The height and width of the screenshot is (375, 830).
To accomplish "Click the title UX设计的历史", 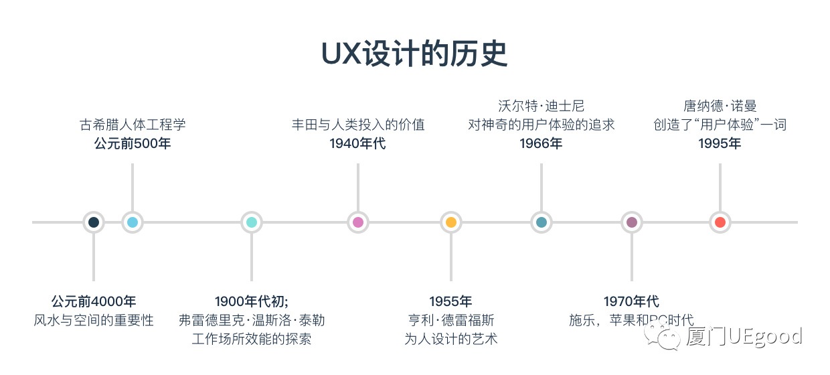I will coord(414,54).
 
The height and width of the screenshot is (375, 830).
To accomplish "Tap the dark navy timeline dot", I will coord(94,222).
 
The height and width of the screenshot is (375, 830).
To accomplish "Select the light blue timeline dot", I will coord(133,222).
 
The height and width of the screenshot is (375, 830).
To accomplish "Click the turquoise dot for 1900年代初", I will coord(252,222).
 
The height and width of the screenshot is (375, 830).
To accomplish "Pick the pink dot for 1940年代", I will coord(358,222).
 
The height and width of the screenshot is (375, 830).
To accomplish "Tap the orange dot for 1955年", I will coord(451,222).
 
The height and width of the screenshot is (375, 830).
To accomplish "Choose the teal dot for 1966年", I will coord(541,222).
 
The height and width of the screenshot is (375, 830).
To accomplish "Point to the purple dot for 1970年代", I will coord(632,222).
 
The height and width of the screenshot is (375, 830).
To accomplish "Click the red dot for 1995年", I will coord(720,222).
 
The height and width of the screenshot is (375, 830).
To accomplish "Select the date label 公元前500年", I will coord(133,143).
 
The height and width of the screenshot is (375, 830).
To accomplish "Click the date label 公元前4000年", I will coord(94,301).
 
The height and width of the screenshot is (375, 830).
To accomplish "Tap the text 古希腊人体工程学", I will coord(133,125).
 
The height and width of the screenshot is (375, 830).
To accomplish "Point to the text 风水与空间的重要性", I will coord(94,320).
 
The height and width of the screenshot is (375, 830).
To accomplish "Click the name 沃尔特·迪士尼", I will coord(541,106).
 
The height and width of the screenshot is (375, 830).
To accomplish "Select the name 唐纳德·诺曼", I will coord(720,106).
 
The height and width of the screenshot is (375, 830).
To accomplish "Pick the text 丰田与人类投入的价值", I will coord(358,125).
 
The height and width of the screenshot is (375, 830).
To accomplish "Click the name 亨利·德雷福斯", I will coord(451,320).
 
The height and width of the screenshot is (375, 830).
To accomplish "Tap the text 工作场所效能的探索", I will coord(252,339).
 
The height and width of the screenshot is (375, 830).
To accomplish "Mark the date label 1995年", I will coord(720,143).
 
